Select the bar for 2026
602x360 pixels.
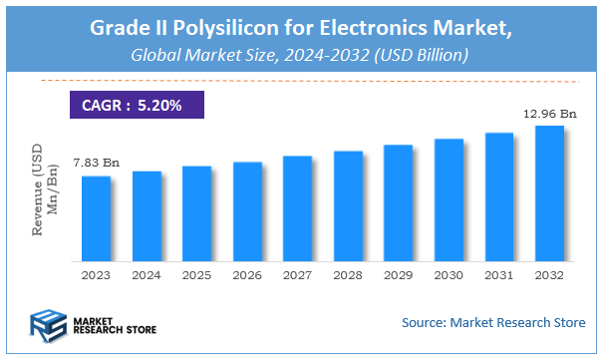(247, 210)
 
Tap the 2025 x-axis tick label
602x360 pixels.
(196, 274)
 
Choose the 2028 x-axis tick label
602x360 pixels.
(348, 274)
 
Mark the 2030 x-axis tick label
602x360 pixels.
(449, 274)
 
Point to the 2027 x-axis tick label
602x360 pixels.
(297, 274)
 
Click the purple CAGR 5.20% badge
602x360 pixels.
(131, 103)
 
